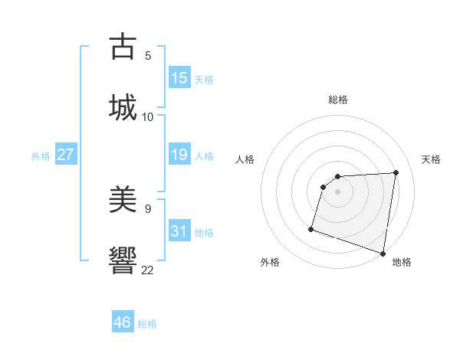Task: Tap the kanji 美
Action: tap(123, 200)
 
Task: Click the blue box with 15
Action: tap(179, 78)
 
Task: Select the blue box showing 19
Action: tap(179, 155)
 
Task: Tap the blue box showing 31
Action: tap(179, 231)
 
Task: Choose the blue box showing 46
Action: tap(123, 322)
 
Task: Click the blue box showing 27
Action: tap(65, 155)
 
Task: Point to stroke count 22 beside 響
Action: tap(148, 269)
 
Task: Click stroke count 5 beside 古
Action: tap(148, 55)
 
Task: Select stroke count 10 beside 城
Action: tap(148, 116)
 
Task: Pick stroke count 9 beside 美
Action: tap(148, 208)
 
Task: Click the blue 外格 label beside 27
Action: tap(41, 155)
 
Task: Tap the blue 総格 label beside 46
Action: tap(147, 324)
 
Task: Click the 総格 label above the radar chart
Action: tap(338, 100)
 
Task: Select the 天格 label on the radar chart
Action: tap(431, 159)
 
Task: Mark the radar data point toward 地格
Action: tap(383, 253)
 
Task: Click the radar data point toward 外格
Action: tap(311, 228)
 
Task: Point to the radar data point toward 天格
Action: tap(396, 172)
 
